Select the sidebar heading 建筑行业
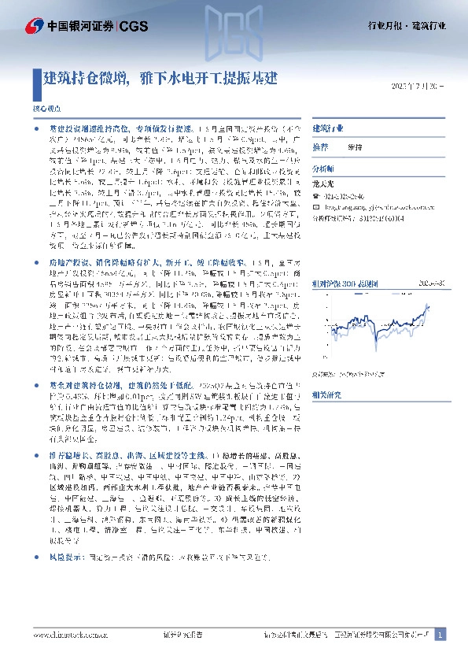coord(330,128)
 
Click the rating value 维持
coord(356,147)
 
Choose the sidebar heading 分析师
coord(323,169)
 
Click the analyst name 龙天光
coord(324,184)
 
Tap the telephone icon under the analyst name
coord(317,195)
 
